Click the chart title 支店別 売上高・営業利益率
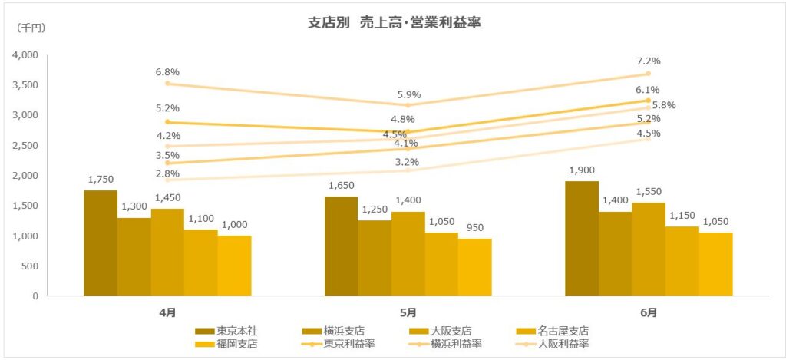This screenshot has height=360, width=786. click(393, 24)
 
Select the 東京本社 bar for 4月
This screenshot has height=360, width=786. click(101, 243)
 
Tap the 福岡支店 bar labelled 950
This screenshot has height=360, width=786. click(475, 267)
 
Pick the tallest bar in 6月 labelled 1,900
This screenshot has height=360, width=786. click(582, 239)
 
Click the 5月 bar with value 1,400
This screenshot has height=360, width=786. click(408, 254)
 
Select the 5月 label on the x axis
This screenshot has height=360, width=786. click(408, 312)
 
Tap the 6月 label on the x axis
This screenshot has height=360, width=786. click(649, 312)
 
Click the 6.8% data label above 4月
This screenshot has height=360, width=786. click(167, 71)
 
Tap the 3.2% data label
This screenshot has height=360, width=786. click(408, 162)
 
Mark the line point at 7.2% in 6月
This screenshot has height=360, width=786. click(649, 74)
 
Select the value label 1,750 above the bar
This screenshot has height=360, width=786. click(101, 179)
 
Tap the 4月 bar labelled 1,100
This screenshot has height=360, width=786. click(201, 263)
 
